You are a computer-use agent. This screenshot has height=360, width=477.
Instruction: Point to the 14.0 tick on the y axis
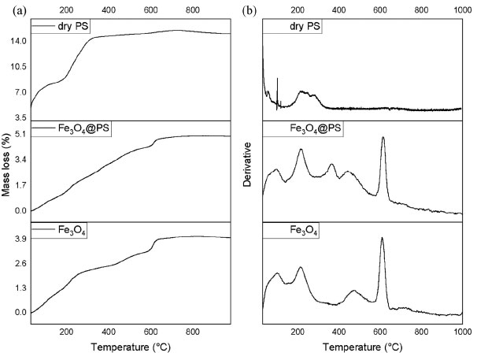[x=19, y=40]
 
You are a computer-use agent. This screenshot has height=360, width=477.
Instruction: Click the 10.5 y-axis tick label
[x=19, y=66]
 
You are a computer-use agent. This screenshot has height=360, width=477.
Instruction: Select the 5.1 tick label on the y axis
[x=21, y=135]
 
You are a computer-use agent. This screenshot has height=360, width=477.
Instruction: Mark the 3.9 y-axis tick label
[x=21, y=238]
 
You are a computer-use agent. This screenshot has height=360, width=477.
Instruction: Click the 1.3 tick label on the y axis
[x=21, y=288]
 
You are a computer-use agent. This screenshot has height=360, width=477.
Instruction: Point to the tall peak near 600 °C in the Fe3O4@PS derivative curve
[x=383, y=139]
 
